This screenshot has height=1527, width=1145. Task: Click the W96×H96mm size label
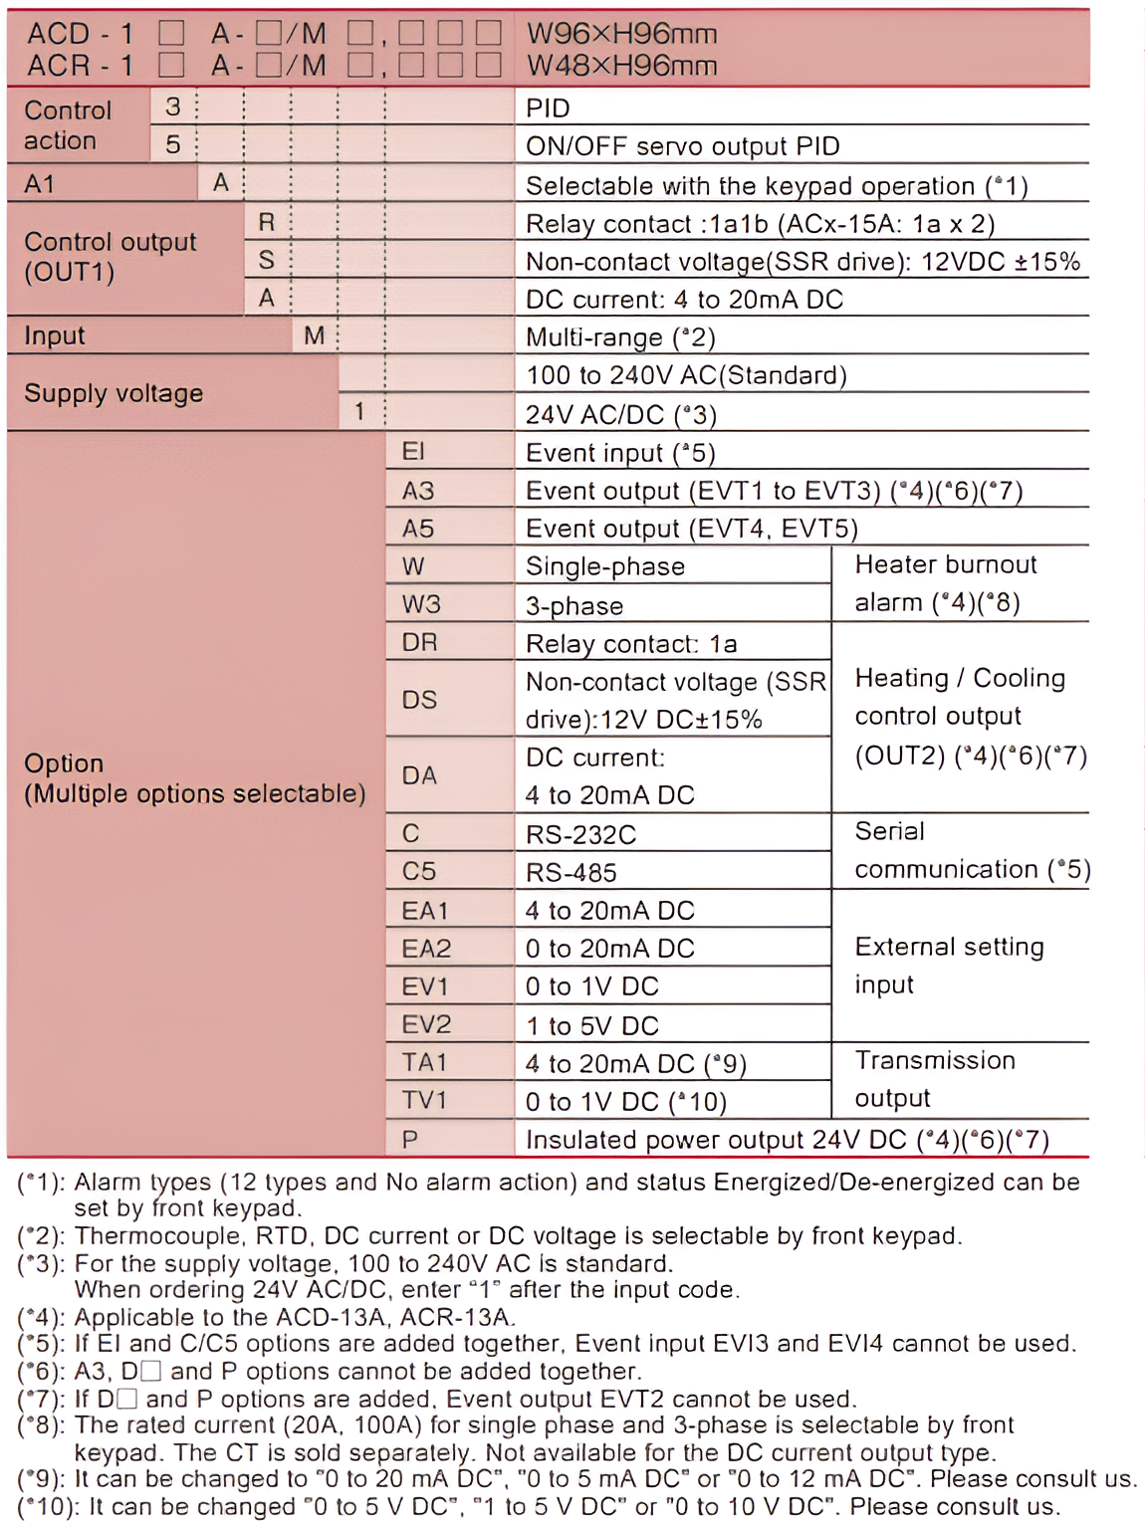(621, 34)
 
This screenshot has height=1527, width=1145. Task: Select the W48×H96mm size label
(621, 66)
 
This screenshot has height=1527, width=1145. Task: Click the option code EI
(413, 452)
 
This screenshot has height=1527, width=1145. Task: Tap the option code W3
(421, 604)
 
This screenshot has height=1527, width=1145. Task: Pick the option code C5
(419, 872)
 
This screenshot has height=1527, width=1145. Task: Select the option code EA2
(426, 949)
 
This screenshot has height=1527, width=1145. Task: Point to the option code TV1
(424, 1100)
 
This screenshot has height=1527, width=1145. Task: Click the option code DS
(419, 700)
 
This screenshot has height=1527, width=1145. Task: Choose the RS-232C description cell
(580, 834)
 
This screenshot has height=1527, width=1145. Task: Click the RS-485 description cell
(572, 873)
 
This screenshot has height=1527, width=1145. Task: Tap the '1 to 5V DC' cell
(592, 1025)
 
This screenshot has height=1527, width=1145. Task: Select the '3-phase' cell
(574, 605)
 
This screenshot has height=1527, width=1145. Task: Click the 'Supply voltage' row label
(114, 393)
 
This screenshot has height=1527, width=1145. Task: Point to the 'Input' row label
(55, 335)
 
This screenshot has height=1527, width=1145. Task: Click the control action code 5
(173, 145)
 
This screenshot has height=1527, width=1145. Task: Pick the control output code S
(266, 260)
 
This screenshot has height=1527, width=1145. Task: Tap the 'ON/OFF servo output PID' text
(683, 146)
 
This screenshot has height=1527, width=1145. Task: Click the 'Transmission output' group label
(934, 1079)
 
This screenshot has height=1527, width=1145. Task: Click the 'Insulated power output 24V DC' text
(717, 1140)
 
